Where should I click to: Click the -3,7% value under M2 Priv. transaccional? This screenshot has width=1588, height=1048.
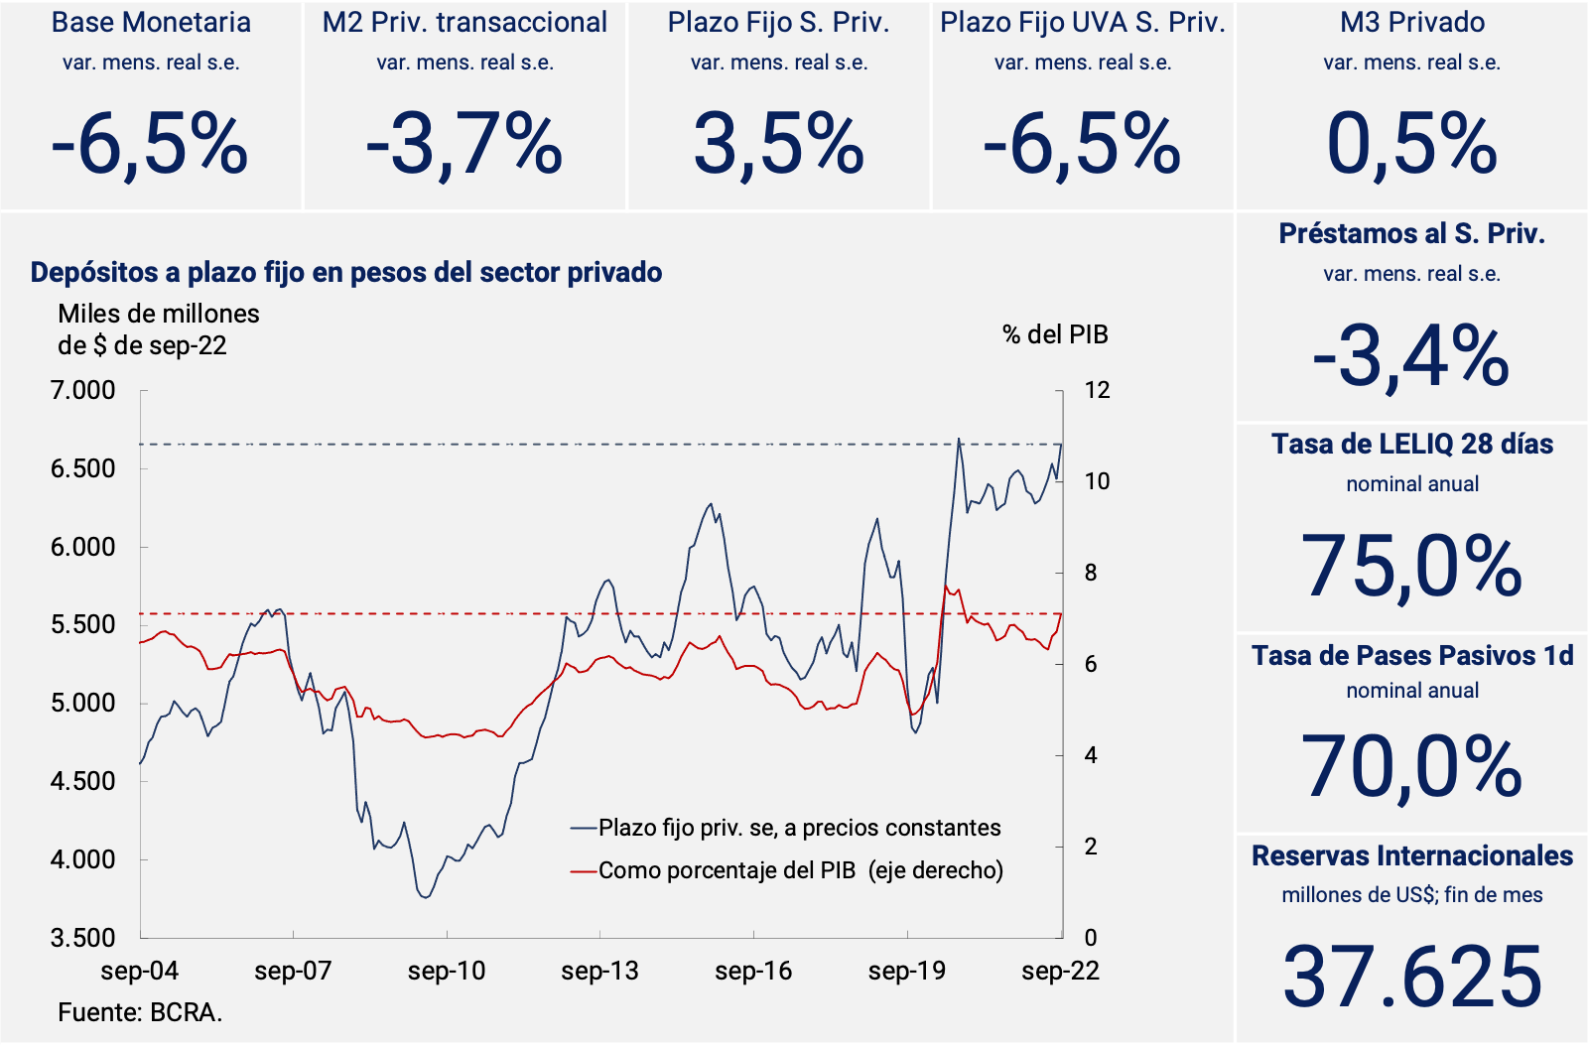(464, 145)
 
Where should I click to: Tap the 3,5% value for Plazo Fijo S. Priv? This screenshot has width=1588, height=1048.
(779, 145)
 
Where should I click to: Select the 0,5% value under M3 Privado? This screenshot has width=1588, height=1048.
(1411, 145)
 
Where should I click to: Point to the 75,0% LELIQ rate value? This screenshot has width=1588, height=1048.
(1411, 568)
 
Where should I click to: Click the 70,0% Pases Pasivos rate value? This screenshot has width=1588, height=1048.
(1411, 767)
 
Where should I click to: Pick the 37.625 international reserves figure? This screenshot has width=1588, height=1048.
(1411, 977)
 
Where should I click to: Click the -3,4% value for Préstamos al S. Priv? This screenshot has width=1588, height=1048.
(1411, 357)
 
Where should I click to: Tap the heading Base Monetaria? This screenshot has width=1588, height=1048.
(151, 23)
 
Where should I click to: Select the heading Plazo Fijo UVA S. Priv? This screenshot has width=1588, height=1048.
(1082, 23)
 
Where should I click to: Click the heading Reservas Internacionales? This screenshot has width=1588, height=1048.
(1411, 855)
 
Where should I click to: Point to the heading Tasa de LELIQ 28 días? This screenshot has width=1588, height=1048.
(1411, 444)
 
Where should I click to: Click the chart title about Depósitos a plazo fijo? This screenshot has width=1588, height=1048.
(346, 272)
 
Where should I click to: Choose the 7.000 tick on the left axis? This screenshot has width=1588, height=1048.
(83, 390)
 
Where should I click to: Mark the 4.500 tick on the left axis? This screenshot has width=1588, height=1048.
(83, 781)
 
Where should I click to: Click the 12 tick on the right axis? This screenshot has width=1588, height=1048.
(1097, 390)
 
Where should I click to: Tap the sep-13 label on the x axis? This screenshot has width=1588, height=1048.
(599, 971)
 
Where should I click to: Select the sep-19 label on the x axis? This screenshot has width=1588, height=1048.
(906, 971)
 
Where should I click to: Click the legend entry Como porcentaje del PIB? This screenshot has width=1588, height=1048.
(800, 870)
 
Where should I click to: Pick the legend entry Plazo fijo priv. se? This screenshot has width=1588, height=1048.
(799, 828)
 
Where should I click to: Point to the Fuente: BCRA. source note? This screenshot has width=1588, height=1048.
(140, 1012)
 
